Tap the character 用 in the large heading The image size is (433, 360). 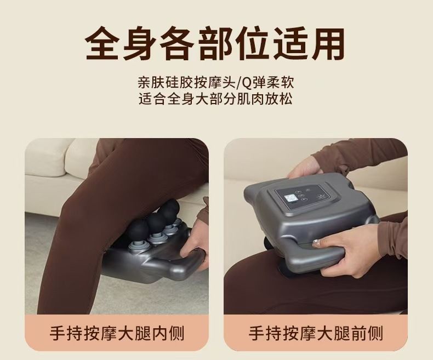point(328,44)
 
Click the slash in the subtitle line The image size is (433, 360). point(233,83)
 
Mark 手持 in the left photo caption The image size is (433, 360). point(66,333)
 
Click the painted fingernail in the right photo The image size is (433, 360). point(316,243)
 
